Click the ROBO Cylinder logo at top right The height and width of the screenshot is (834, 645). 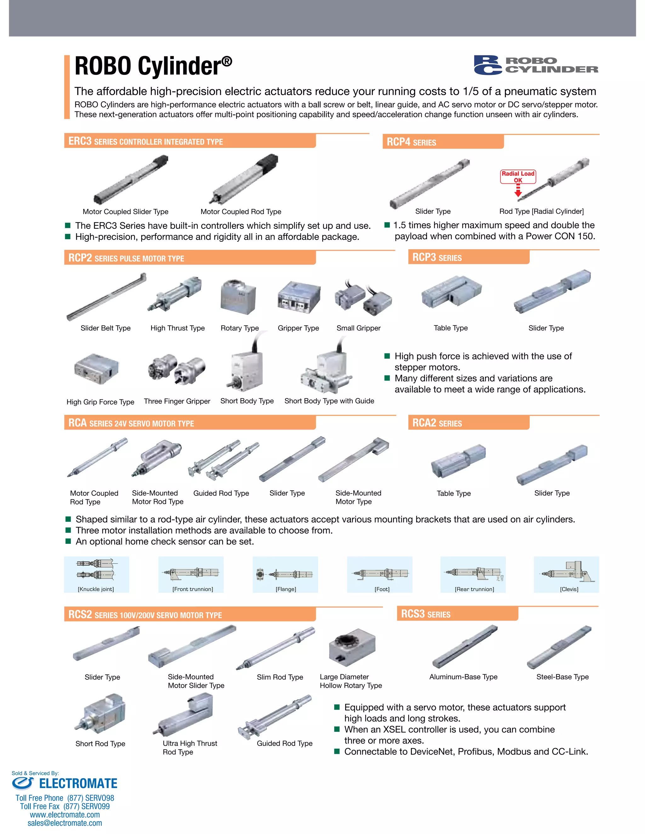point(536,65)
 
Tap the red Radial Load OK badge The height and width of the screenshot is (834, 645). point(518,177)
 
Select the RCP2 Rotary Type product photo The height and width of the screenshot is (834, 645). point(238,297)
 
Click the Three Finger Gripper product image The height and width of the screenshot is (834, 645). point(177,369)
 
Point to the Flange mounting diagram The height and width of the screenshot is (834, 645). point(285,574)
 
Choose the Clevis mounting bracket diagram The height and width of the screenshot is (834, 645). point(566,574)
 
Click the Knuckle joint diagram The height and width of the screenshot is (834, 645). point(96,574)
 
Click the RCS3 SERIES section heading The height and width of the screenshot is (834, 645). point(426,614)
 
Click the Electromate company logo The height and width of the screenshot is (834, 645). point(64,783)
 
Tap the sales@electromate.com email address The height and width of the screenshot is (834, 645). point(65,823)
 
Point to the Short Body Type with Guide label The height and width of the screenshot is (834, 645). point(329,401)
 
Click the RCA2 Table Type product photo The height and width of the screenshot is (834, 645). point(458,461)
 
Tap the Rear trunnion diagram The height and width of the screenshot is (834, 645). point(473,574)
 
